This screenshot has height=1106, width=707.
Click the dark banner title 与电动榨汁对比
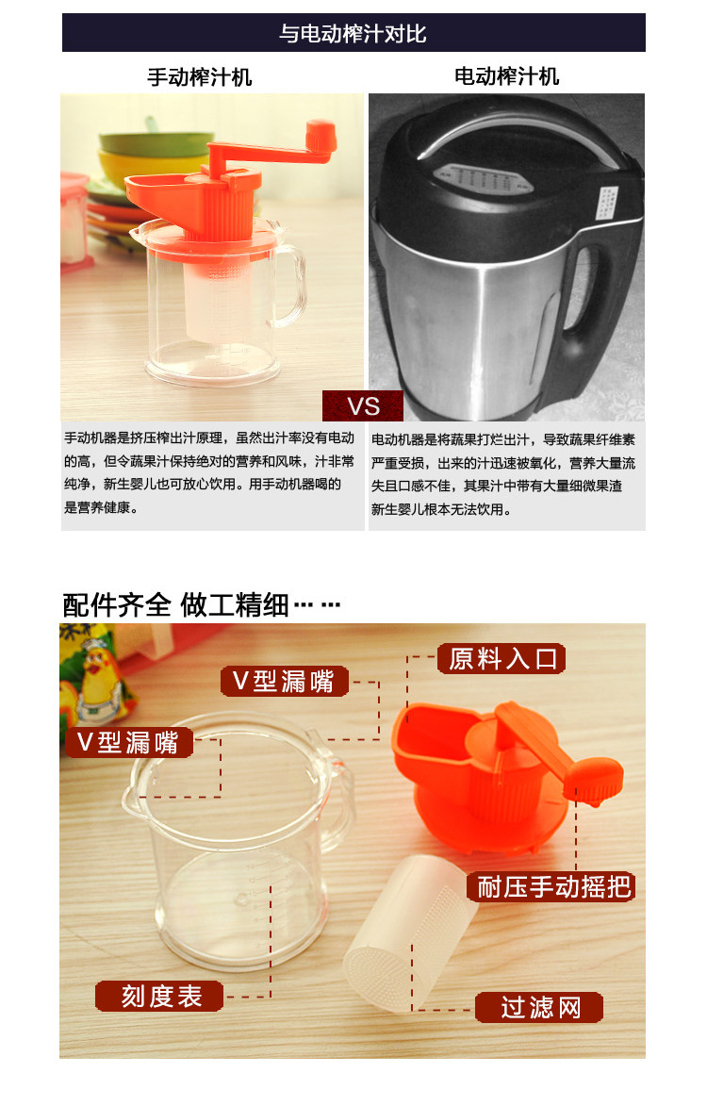353,33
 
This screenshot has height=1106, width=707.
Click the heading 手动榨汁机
200,77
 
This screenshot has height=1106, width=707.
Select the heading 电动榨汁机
506,76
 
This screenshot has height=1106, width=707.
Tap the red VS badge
363,406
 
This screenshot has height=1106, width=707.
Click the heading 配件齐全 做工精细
202,604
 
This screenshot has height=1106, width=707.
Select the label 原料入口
501,659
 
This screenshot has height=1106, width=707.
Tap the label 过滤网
540,1007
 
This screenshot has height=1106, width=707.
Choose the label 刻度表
160,996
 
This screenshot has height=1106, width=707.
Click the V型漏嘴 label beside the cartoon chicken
129,742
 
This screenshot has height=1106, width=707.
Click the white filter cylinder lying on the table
410,932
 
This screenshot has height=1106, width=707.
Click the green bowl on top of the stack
156,140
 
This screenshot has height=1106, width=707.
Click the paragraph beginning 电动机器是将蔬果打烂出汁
503,474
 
